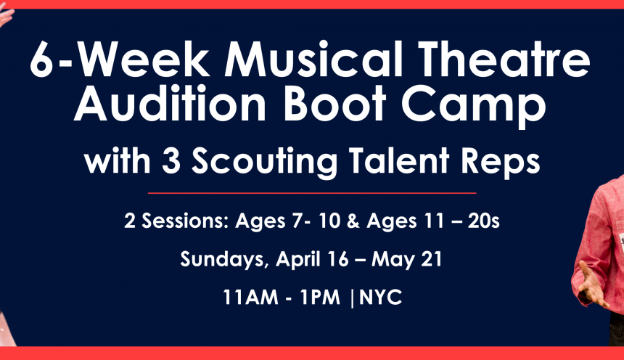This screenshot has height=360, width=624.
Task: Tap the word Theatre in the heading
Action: (504, 60)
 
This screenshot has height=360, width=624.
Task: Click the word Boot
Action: (334, 103)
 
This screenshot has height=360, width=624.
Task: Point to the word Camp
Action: (474, 106)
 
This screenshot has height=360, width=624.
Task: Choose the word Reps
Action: (500, 163)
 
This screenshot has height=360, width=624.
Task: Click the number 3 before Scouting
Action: (171, 160)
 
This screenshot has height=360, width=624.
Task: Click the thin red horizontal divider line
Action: (312, 193)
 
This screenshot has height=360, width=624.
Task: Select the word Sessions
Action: (186, 221)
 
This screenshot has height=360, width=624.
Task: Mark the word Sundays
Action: (222, 260)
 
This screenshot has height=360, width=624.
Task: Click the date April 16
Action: (312, 260)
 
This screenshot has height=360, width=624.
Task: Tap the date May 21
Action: (406, 260)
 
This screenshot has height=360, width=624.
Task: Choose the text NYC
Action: (380, 297)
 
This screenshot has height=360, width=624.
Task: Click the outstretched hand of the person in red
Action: (591, 285)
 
